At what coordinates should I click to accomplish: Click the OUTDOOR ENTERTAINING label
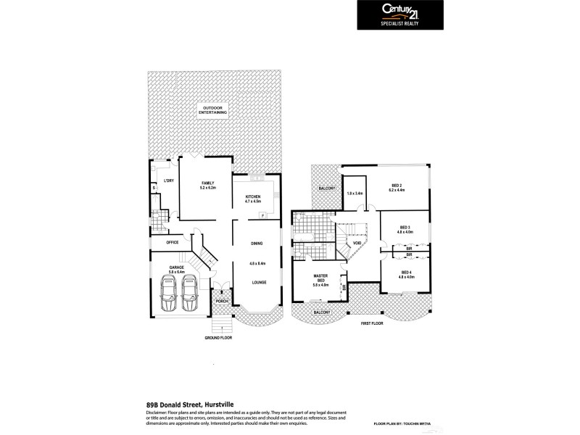click(212, 111)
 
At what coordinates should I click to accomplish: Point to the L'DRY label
click(168, 181)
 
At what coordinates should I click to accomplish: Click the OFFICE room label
click(173, 242)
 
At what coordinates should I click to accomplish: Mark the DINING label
click(257, 244)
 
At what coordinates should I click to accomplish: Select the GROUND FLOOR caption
click(217, 338)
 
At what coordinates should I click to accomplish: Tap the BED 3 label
click(405, 228)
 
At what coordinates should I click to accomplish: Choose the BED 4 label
click(405, 273)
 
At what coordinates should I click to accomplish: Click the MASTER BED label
click(320, 278)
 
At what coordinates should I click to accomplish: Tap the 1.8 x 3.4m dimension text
click(355, 194)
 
